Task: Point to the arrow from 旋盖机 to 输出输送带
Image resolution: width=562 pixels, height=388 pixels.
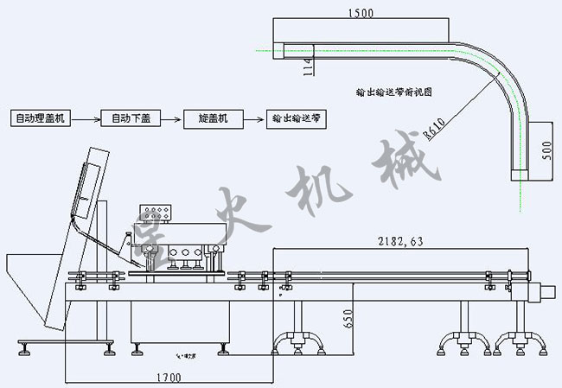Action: point(254,117)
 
